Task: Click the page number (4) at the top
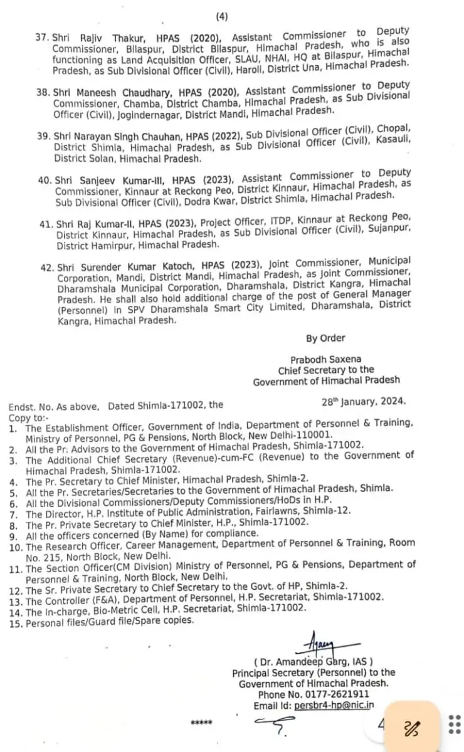pyautogui.click(x=223, y=16)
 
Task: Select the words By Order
pyautogui.click(x=325, y=338)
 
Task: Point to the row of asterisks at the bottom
pyautogui.click(x=201, y=723)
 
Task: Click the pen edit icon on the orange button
pyautogui.click(x=412, y=726)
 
